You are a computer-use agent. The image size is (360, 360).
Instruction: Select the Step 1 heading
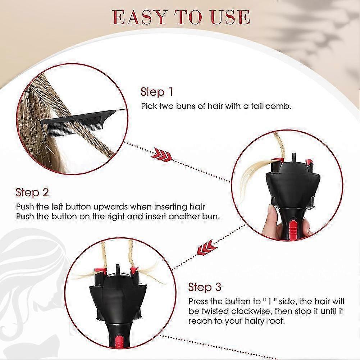coord(157,92)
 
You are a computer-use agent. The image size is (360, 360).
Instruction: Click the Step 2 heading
coord(32,192)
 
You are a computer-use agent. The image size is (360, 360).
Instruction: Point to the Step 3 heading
coord(205,287)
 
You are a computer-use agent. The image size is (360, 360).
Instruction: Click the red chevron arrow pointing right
coord(163,155)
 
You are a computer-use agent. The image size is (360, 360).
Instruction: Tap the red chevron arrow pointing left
coord(207,247)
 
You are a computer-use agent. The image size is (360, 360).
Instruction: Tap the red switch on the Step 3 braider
coord(118,342)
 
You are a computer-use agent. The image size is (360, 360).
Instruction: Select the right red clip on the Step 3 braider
coord(134,270)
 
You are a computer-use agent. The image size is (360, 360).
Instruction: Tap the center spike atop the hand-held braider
coord(293,158)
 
